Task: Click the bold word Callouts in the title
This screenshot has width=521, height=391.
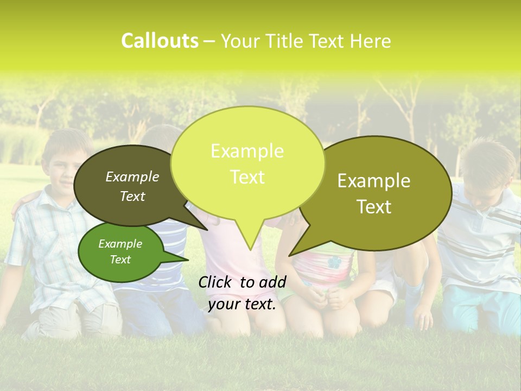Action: (160, 41)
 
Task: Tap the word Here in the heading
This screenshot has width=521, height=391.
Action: (371, 41)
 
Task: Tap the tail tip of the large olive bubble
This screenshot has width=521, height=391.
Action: (292, 254)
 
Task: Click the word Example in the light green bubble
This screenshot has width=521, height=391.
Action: (247, 151)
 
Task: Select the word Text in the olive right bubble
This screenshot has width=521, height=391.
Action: (374, 207)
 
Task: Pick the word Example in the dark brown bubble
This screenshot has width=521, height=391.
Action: (132, 176)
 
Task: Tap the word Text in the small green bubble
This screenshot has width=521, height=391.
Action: (120, 260)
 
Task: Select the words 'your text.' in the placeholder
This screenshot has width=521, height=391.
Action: (242, 305)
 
